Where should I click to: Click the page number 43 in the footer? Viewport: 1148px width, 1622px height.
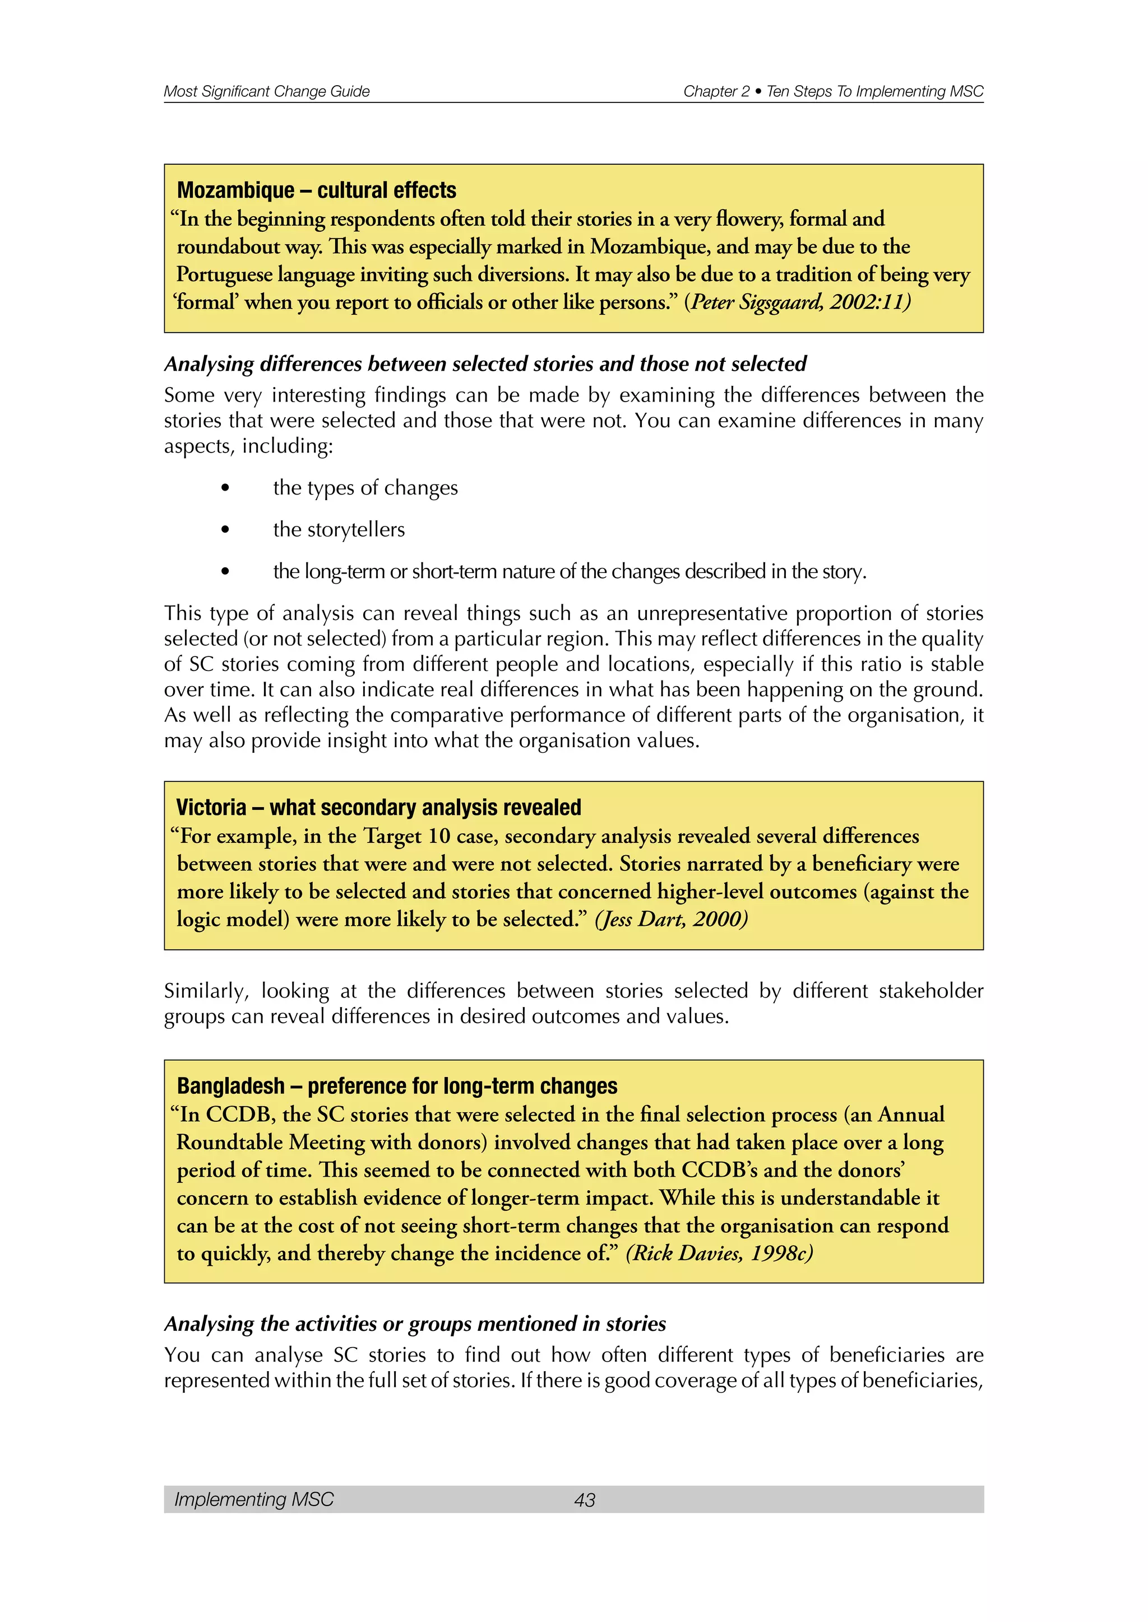[x=585, y=1499]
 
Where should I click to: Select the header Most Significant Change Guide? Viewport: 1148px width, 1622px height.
[x=266, y=91]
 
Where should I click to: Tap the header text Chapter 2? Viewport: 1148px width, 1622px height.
[x=715, y=91]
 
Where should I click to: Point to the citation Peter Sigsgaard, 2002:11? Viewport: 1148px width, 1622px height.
[x=800, y=302]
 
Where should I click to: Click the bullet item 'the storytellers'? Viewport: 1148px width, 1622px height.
[x=339, y=529]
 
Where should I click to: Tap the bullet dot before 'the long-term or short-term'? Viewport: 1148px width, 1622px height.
[x=225, y=571]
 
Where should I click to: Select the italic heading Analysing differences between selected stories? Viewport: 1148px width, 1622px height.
[x=485, y=364]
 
